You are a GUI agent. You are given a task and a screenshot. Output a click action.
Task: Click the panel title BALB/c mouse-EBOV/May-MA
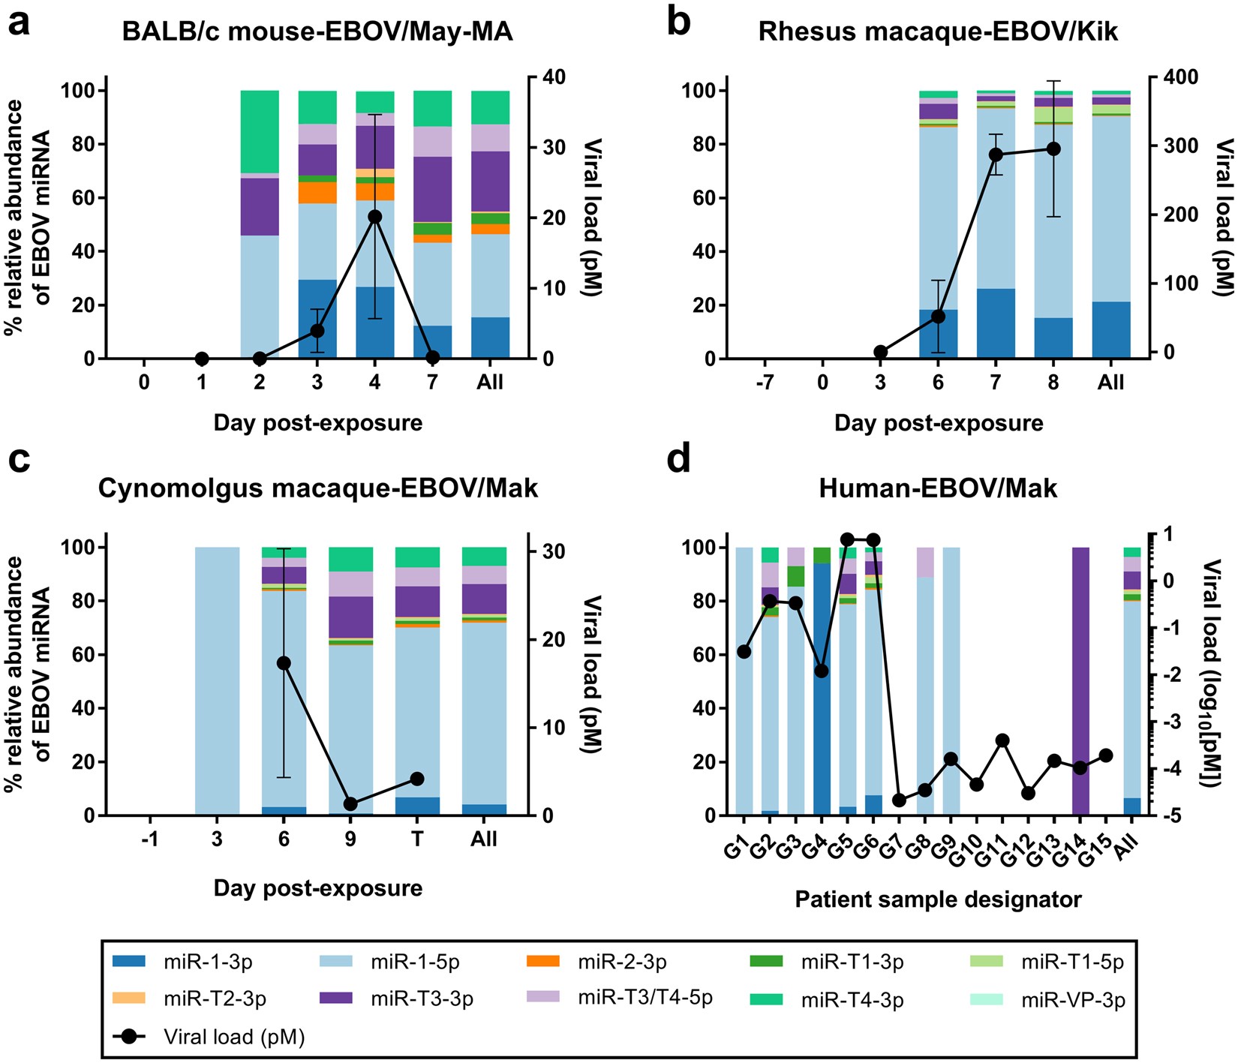(317, 32)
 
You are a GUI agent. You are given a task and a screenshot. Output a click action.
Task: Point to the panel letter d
(678, 458)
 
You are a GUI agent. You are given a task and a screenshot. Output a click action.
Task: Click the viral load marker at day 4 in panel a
(375, 217)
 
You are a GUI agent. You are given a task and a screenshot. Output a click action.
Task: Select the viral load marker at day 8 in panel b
(1053, 149)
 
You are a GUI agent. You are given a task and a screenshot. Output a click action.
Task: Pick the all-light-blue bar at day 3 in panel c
(217, 681)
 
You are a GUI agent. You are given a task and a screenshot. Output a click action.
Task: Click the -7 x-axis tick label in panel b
(765, 383)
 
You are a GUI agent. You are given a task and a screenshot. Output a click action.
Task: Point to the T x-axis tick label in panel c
(417, 839)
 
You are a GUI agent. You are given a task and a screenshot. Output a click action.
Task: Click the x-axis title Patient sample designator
(938, 899)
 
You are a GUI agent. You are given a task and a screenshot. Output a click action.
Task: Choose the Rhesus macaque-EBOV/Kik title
(938, 32)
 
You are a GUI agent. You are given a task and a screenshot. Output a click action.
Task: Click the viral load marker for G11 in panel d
(1002, 740)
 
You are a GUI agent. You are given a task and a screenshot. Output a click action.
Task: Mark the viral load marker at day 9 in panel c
(350, 804)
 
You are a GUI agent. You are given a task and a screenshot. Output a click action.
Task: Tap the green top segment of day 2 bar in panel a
(260, 131)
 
